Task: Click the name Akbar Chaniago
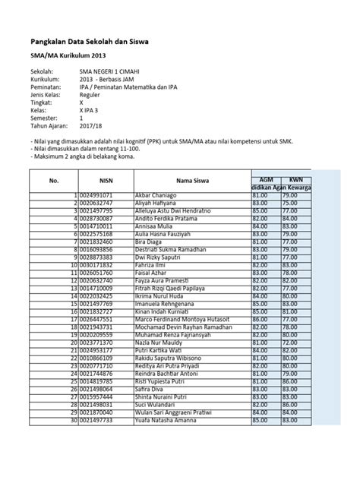coord(156,196)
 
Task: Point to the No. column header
coord(54,181)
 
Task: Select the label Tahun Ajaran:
coord(49,127)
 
